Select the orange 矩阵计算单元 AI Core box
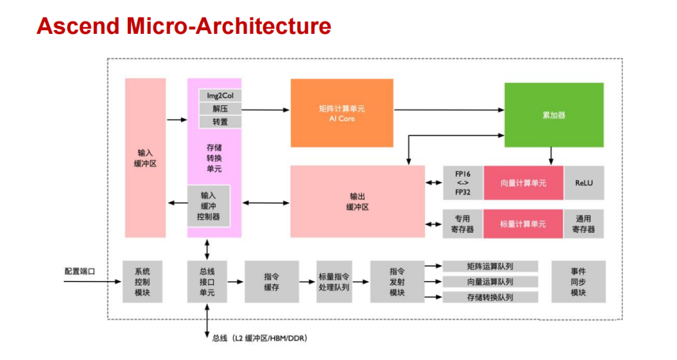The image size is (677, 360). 342,113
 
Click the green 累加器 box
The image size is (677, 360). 554,115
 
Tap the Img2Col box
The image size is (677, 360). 220,96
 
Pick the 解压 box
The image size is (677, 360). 220,109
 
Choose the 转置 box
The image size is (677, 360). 220,122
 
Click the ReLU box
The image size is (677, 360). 584,183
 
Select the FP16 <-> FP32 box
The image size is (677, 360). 463,183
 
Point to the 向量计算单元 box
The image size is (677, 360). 523,183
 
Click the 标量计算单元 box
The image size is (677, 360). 523,224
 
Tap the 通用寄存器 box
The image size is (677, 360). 584,224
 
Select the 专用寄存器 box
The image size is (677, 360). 463,224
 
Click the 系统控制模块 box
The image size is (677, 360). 142,282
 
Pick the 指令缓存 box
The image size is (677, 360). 271,282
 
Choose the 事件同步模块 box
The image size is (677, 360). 578,282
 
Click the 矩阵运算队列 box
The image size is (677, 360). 490,267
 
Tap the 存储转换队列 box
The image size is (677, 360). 490,297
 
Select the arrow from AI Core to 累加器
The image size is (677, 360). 448,110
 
